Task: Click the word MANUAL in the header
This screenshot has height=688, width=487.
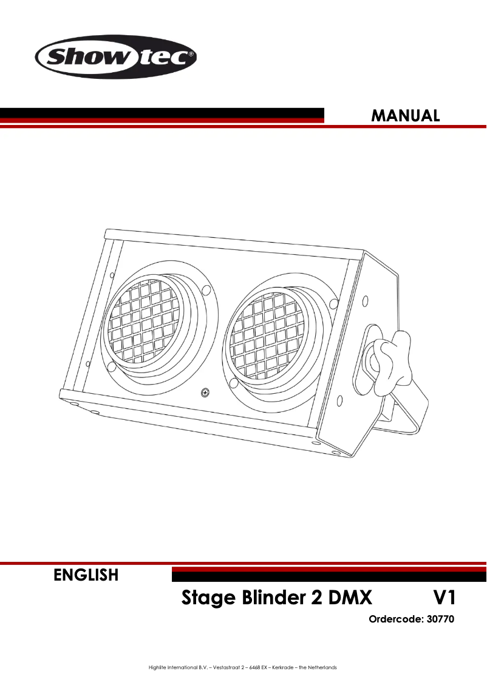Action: (406, 115)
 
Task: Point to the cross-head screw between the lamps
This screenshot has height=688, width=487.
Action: (205, 393)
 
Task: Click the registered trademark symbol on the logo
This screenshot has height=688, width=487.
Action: (191, 54)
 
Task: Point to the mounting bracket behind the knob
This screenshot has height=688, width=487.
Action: (407, 413)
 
